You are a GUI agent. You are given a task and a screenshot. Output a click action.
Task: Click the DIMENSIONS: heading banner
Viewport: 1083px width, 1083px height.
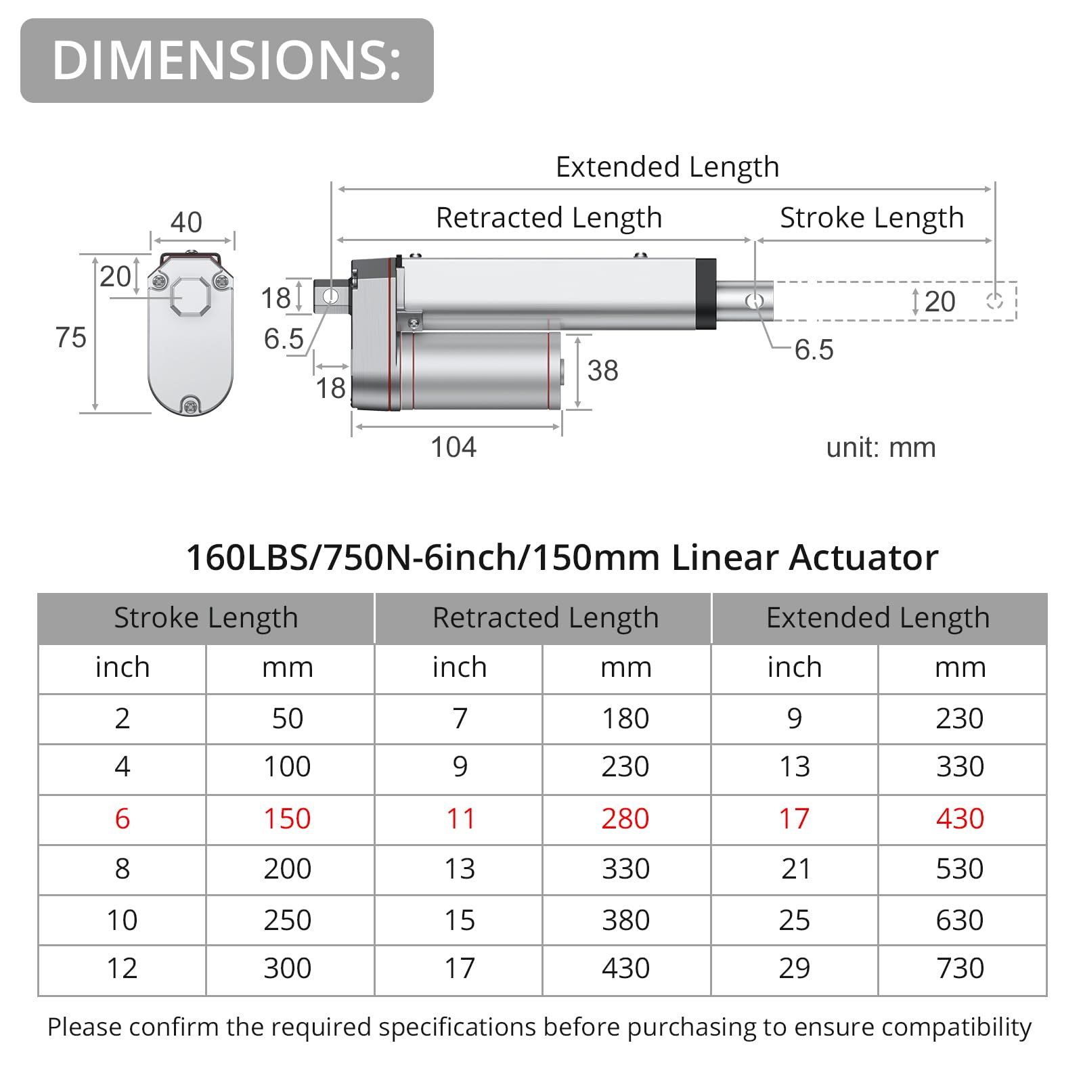pos(227,60)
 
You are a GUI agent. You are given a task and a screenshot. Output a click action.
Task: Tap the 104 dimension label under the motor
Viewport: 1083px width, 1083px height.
pos(454,447)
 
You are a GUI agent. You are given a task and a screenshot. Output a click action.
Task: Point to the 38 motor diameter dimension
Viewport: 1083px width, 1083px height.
pos(602,371)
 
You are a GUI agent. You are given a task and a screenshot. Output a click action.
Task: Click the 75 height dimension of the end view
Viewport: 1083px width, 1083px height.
pos(71,338)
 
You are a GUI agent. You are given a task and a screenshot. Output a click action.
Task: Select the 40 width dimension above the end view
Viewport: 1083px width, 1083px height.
pos(186,222)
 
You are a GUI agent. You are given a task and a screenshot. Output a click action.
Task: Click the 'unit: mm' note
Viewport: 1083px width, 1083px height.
pos(881,447)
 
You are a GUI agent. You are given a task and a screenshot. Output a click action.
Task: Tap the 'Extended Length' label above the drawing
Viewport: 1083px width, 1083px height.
pos(667,167)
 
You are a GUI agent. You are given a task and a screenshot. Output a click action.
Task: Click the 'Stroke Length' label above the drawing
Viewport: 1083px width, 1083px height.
pos(872,218)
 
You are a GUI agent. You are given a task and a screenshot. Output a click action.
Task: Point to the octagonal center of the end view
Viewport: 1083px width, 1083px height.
pos(190,296)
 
